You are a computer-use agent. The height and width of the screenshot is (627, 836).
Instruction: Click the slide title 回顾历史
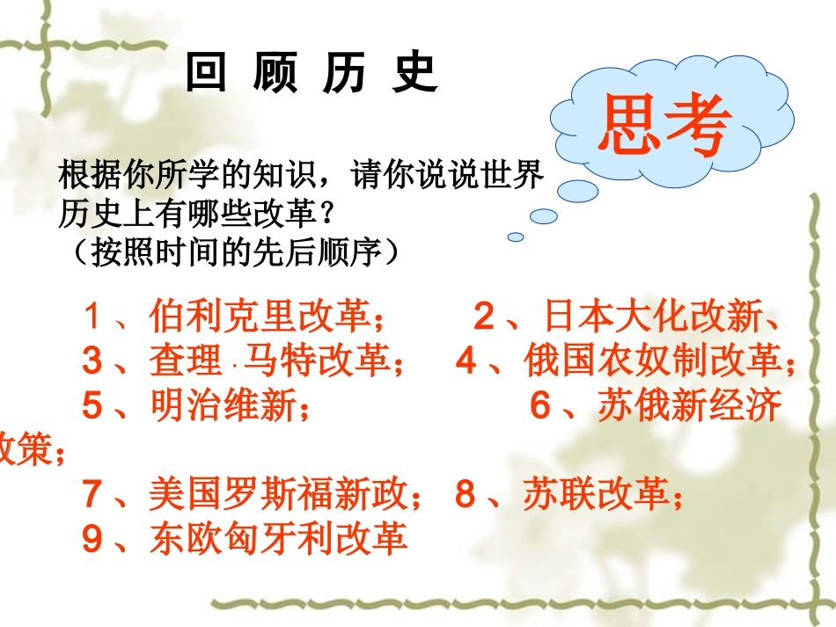pyautogui.click(x=312, y=74)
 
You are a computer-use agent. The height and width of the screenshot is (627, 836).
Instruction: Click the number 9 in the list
pyautogui.click(x=93, y=538)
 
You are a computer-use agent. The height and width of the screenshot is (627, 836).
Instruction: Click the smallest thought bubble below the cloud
pyautogui.click(x=516, y=237)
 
